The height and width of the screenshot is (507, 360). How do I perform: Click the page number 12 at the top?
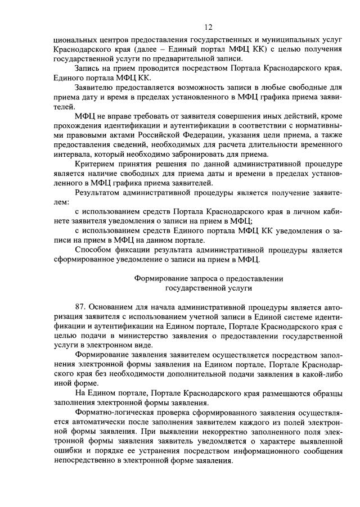pyautogui.click(x=208, y=26)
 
